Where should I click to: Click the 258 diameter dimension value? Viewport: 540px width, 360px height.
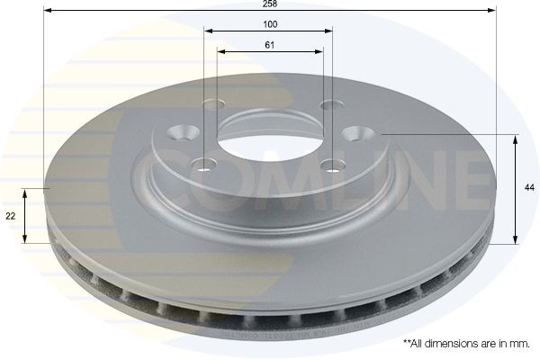coord(269,4)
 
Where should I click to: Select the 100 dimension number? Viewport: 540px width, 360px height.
coord(269,23)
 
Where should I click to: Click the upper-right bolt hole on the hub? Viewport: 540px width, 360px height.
coord(327,104)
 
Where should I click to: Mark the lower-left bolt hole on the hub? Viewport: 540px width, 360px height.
coord(204,164)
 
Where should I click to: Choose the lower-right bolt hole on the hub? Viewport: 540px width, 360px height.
coord(333,165)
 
